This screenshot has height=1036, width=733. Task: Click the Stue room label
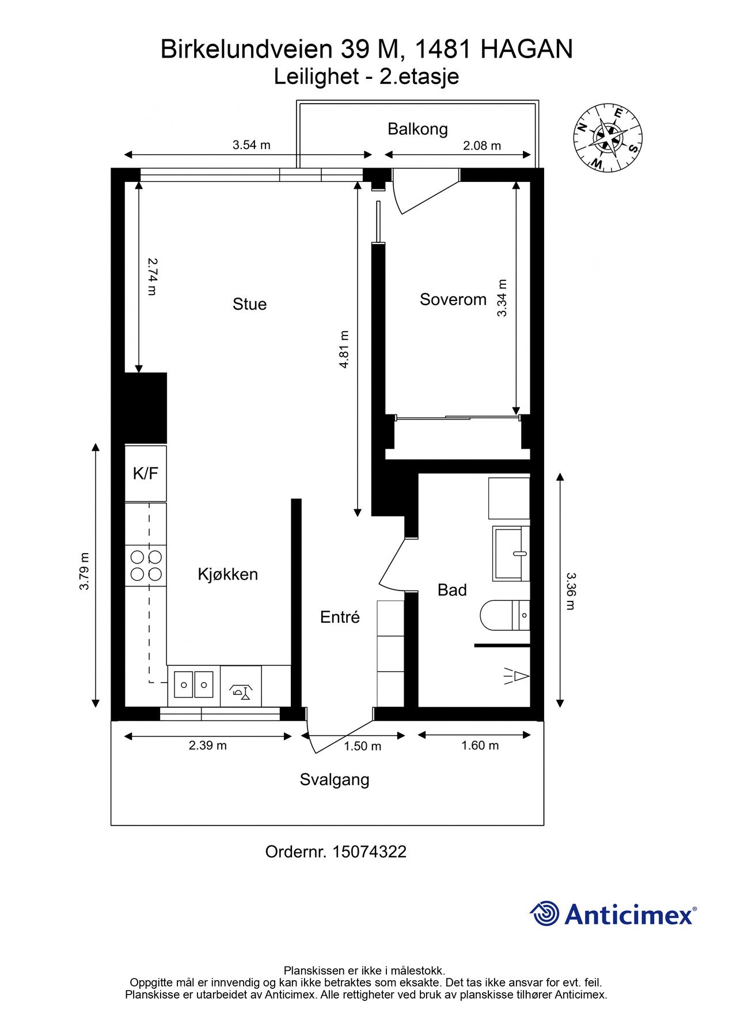[x=249, y=304]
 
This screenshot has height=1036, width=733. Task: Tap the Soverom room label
[x=453, y=299]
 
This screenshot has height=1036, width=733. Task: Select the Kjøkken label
[x=227, y=574]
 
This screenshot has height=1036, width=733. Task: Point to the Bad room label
[x=452, y=590]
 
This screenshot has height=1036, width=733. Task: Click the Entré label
[x=340, y=617]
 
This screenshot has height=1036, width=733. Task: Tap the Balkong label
[x=417, y=128]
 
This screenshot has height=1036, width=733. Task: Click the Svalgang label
[x=335, y=780]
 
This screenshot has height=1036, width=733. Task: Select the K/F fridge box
[x=146, y=473]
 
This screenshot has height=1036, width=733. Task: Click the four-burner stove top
[x=146, y=565]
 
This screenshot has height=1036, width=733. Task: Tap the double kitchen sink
[x=193, y=684]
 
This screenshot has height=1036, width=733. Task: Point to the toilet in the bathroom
[x=504, y=615]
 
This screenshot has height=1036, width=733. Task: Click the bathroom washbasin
[x=511, y=554]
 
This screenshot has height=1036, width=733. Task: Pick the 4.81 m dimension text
[x=344, y=349]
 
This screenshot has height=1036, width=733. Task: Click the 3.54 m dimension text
[x=252, y=145]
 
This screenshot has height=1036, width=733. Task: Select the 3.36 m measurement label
[x=571, y=591]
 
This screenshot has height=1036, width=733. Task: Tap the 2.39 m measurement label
[x=208, y=745]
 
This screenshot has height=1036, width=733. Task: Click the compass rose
[x=607, y=138]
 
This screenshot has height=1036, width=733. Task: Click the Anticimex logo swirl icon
[x=544, y=913]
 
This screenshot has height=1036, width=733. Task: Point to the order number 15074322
[x=369, y=852]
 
